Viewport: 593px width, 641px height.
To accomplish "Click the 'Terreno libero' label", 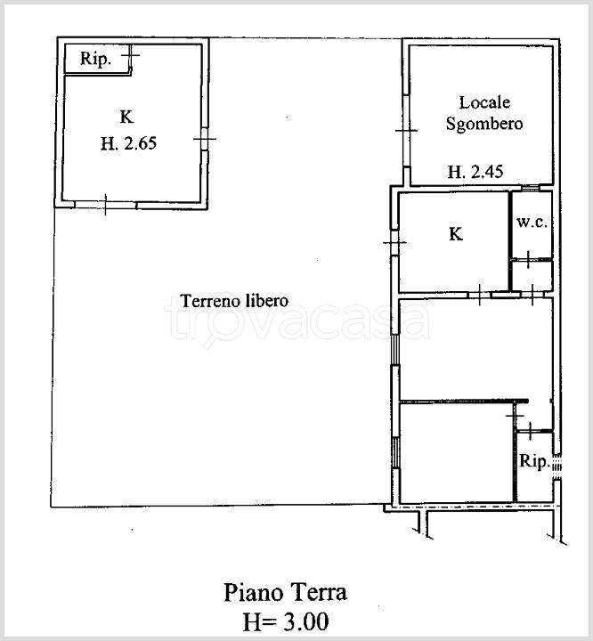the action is tap(234, 301).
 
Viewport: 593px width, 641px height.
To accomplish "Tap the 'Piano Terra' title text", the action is tap(286, 593).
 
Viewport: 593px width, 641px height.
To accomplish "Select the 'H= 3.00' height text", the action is tap(286, 621).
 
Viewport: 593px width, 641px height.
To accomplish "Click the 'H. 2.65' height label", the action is tap(128, 143).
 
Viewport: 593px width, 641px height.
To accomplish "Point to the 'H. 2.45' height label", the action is tap(475, 172).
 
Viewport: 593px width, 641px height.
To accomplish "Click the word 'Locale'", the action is tap(484, 102).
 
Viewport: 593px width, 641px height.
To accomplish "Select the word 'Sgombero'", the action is tap(484, 124).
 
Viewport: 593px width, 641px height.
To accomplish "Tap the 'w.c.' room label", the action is tap(532, 223).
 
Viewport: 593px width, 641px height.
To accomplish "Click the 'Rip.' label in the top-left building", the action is tap(95, 59).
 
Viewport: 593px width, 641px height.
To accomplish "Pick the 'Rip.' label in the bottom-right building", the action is tap(533, 461).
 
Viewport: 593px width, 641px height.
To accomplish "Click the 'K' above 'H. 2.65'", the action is tap(126, 118).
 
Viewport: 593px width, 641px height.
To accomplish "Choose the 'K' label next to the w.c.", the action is tap(456, 234).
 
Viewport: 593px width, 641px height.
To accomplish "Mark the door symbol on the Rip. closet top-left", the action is tap(131, 54).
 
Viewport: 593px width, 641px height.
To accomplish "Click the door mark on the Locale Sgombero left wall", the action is tap(406, 130).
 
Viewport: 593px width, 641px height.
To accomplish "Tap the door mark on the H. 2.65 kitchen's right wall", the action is tap(205, 139).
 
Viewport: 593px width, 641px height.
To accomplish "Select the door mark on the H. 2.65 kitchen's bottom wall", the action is tap(106, 205).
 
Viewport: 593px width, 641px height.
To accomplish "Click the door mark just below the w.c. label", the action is tap(528, 259).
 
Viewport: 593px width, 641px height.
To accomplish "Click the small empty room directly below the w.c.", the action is tap(532, 276).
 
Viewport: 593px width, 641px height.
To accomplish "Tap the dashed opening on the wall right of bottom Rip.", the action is tap(557, 466).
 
